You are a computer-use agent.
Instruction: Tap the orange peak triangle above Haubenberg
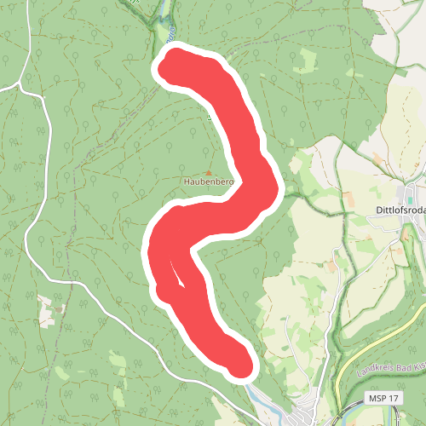(208, 172)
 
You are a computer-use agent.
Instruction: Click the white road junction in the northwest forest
(19, 86)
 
